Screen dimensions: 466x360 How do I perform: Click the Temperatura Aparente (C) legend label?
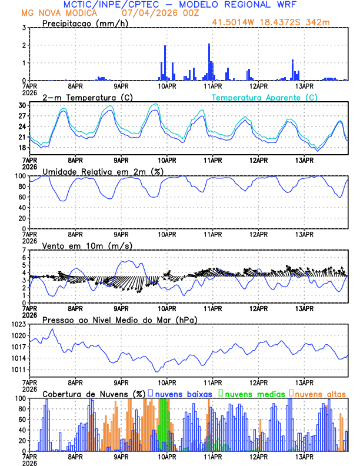[x=264, y=97]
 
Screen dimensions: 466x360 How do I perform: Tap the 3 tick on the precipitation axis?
[x=24, y=28]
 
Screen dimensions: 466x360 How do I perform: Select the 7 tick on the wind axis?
[x=24, y=250]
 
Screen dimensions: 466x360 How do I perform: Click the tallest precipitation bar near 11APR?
[x=209, y=62]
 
